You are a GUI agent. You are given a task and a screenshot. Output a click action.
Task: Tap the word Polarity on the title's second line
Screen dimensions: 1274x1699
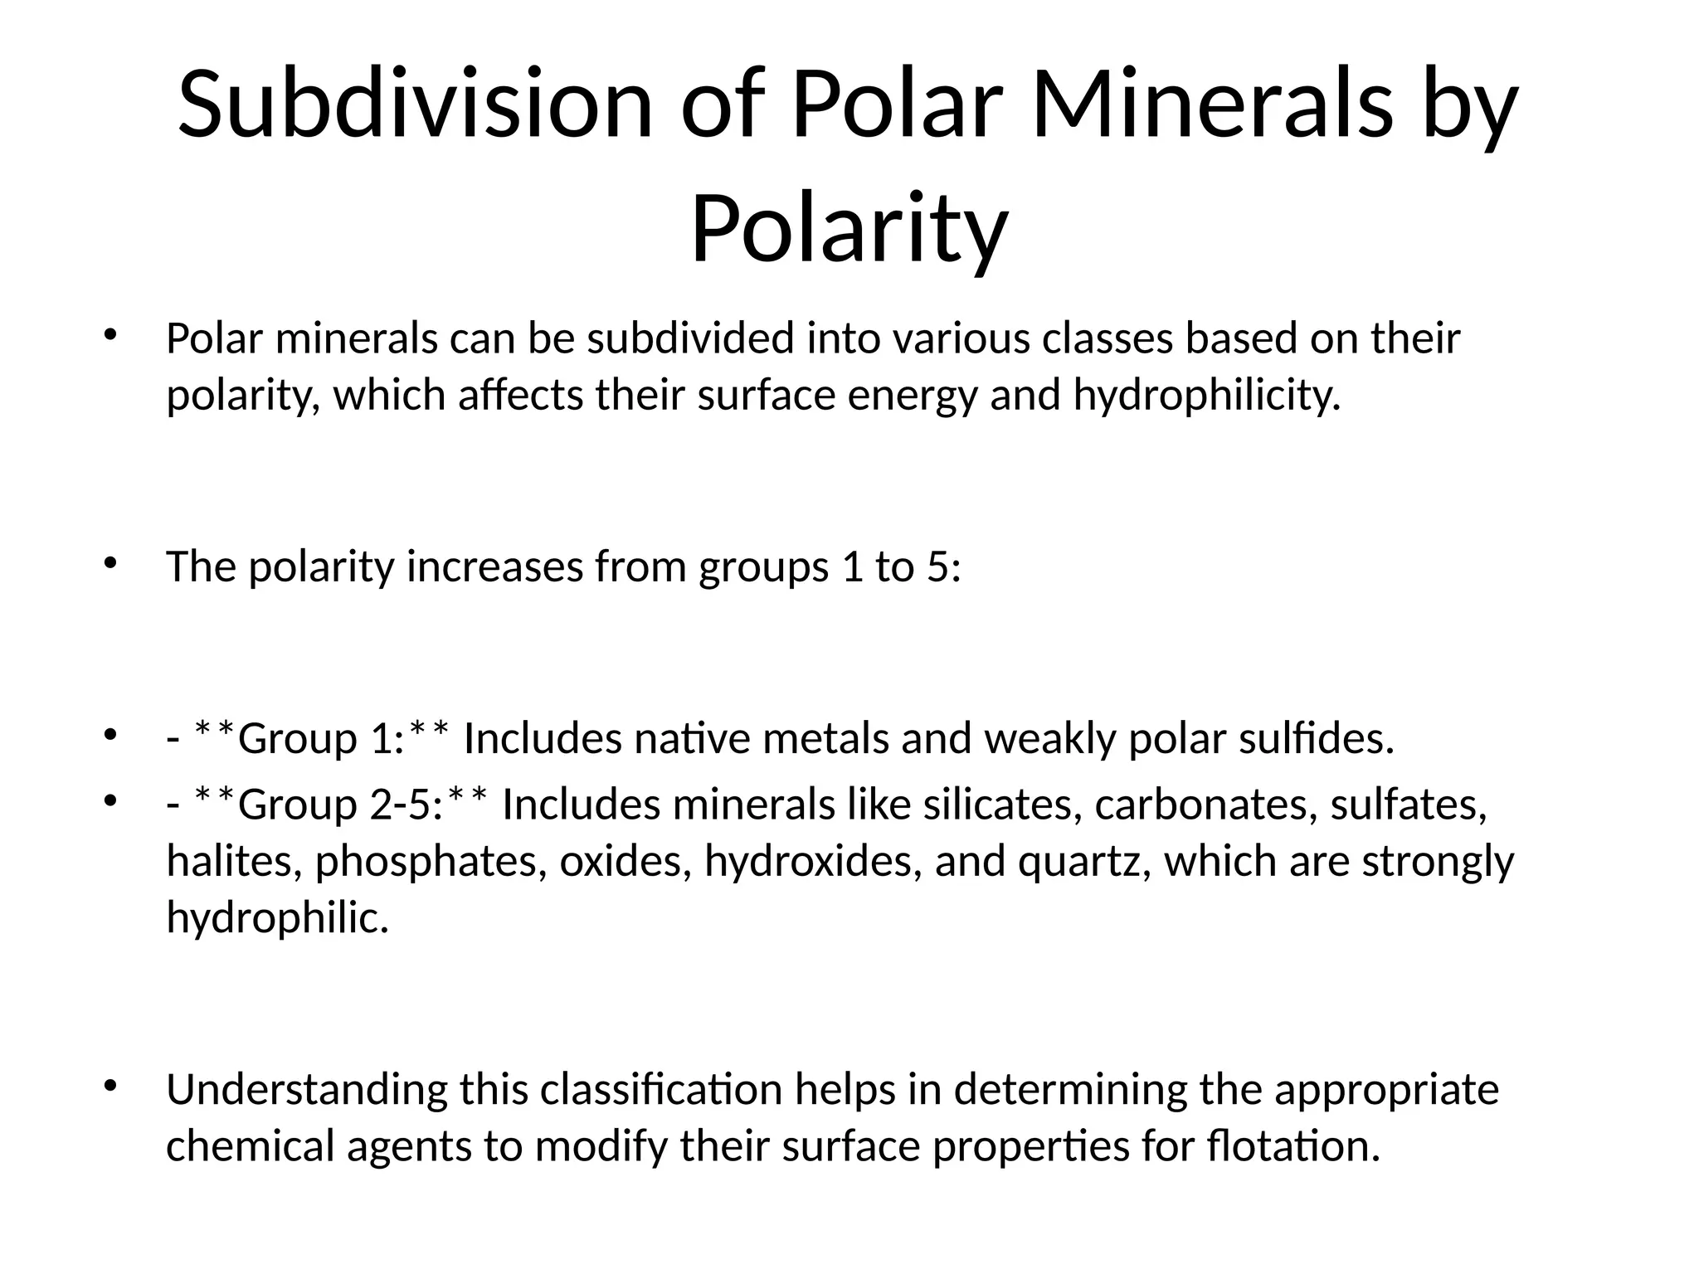click(849, 228)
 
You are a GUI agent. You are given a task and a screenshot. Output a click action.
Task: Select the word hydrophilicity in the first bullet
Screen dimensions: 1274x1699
click(1206, 395)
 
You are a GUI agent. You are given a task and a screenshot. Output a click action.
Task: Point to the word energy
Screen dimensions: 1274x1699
click(913, 395)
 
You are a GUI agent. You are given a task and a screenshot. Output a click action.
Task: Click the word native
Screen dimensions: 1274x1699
click(692, 738)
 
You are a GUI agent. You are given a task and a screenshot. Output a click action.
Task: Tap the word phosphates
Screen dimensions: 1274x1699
click(431, 861)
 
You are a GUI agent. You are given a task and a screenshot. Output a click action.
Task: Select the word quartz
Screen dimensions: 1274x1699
click(1084, 861)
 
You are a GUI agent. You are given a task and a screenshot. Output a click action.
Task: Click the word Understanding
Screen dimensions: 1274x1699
click(307, 1090)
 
